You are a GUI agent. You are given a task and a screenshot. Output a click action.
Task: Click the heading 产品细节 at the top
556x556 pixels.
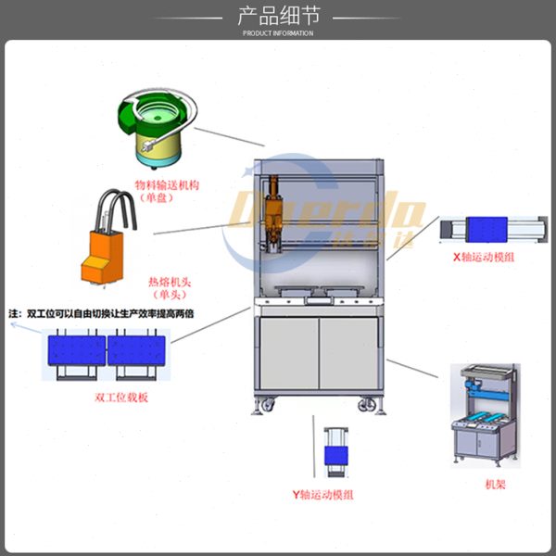point(277,16)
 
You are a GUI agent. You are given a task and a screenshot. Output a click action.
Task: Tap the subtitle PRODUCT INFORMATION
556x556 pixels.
point(277,32)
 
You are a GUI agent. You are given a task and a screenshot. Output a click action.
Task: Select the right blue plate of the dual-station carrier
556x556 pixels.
point(137,350)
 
